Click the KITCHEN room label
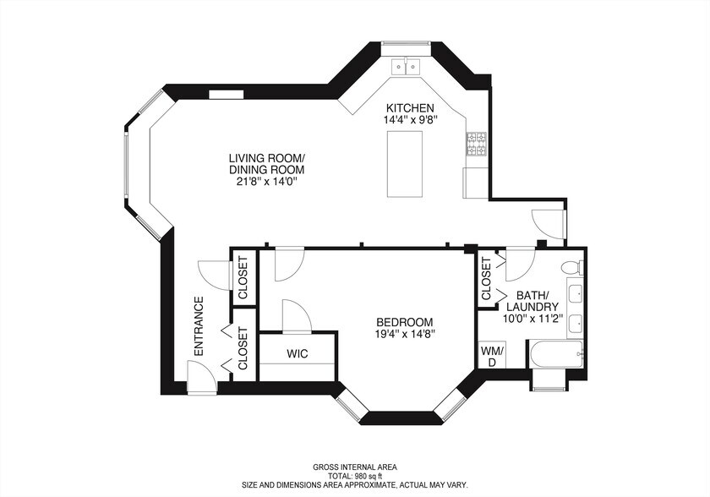(410, 108)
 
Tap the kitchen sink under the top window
(407, 67)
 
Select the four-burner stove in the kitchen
(477, 144)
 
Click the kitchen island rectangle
(405, 164)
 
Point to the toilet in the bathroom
(572, 267)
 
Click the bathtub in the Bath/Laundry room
(555, 355)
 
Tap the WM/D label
(492, 356)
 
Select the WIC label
(298, 353)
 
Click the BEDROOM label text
(405, 322)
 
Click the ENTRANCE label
(199, 326)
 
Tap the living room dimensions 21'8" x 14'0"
(265, 182)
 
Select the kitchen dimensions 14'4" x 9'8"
(410, 119)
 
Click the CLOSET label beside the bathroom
(486, 278)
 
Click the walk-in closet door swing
(296, 316)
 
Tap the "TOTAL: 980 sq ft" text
(355, 476)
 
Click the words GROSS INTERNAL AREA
(355, 467)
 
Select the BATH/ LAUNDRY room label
(532, 301)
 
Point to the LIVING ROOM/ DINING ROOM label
(266, 164)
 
